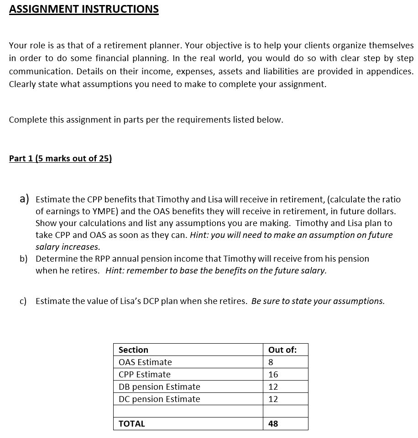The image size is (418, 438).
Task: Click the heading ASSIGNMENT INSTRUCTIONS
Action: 84,9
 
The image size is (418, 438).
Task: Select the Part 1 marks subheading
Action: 60,159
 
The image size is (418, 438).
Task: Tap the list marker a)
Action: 24,199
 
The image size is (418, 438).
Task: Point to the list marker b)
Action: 23,258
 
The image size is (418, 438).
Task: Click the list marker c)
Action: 23,301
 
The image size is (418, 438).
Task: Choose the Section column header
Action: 133,350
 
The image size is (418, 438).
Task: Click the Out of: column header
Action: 282,350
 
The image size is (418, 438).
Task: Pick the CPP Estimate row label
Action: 144,375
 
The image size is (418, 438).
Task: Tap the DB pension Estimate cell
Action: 159,387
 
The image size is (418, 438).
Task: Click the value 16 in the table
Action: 273,375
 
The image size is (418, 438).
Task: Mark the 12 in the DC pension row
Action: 273,399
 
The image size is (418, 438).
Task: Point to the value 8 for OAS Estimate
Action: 271,362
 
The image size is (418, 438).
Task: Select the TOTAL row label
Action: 131,424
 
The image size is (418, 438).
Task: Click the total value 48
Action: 273,424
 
